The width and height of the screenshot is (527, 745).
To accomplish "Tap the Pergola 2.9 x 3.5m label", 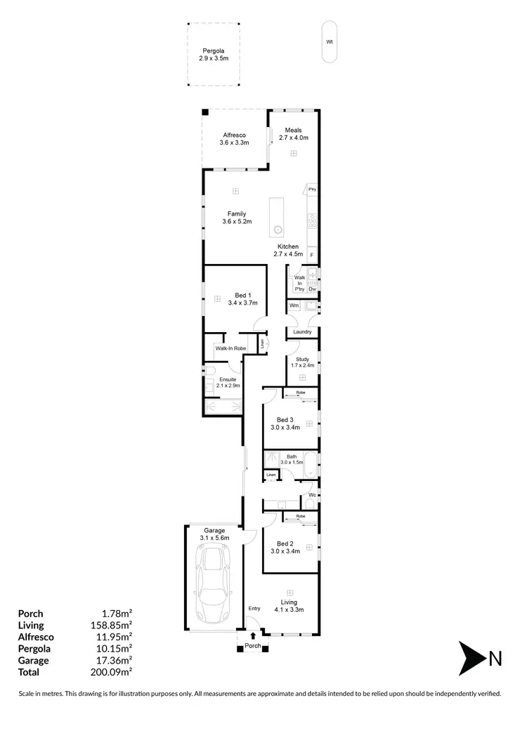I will (x=214, y=55).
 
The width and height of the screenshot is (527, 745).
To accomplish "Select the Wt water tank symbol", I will (x=329, y=41).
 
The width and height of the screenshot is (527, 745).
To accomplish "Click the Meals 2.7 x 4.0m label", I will (x=294, y=134).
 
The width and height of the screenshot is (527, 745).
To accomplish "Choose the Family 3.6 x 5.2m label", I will (x=236, y=218).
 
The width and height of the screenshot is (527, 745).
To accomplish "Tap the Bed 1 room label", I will (x=242, y=299).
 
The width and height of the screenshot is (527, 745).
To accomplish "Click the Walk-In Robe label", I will (x=230, y=348).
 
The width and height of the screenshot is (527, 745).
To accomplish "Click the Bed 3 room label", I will (x=285, y=423).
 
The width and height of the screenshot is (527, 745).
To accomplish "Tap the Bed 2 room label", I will (x=285, y=547).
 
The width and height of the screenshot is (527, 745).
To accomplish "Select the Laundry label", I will (x=302, y=332).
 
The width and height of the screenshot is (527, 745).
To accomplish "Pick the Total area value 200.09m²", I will (x=114, y=672).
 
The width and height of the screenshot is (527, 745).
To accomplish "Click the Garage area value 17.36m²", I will (x=114, y=661).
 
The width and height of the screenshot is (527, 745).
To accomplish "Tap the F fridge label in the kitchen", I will (x=312, y=255).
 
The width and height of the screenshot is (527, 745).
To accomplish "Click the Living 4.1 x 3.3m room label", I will (x=289, y=606).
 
